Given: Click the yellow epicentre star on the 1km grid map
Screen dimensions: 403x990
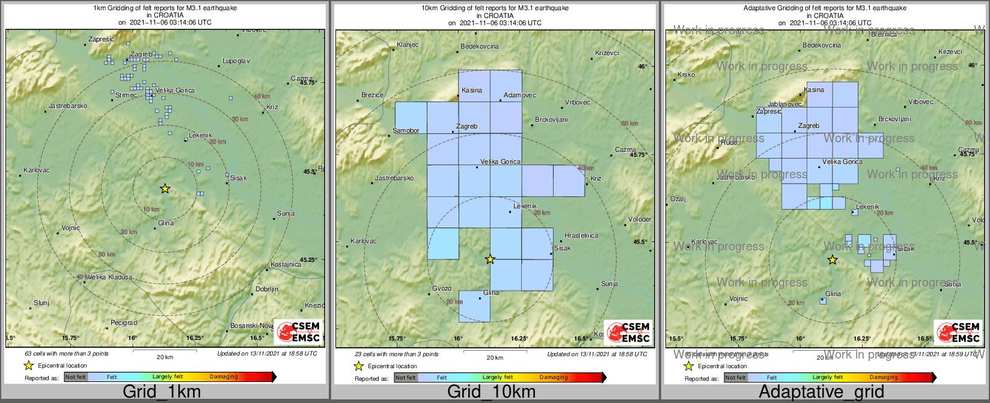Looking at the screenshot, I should coord(165,189).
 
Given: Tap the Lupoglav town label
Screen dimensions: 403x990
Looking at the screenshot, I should coord(236,61).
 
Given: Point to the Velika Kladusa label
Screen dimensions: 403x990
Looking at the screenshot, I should coord(110,277).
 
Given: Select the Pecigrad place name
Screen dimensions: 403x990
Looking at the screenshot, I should coord(124,323).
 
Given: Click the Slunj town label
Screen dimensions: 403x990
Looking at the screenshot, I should coord(41,303).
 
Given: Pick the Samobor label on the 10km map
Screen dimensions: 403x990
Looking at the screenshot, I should coord(406,131).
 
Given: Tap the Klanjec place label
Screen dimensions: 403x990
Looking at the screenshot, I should coord(408,45).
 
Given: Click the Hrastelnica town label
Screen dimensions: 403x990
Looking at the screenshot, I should coord(581,236).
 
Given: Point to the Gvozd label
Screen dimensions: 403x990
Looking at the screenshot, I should coord(442,289).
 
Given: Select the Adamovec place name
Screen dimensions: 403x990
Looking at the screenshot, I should coord(520,95).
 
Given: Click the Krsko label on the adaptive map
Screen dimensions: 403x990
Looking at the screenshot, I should coord(686,75).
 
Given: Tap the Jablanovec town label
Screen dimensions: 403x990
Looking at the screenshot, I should coord(784,105).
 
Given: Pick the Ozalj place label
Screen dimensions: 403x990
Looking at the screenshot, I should coord(677,199).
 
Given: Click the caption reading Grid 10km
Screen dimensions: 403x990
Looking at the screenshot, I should coord(491,392).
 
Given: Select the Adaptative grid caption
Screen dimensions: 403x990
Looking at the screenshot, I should coord(821,392).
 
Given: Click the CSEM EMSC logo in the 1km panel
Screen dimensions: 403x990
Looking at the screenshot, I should coord(299,332).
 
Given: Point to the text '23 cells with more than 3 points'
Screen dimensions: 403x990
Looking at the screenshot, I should coord(397,354).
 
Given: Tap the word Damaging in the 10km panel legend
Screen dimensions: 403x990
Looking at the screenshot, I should coord(553,378).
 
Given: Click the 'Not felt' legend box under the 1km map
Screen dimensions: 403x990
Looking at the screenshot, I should coord(76,377).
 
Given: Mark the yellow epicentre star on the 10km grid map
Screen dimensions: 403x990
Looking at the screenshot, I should coord(490,259).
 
